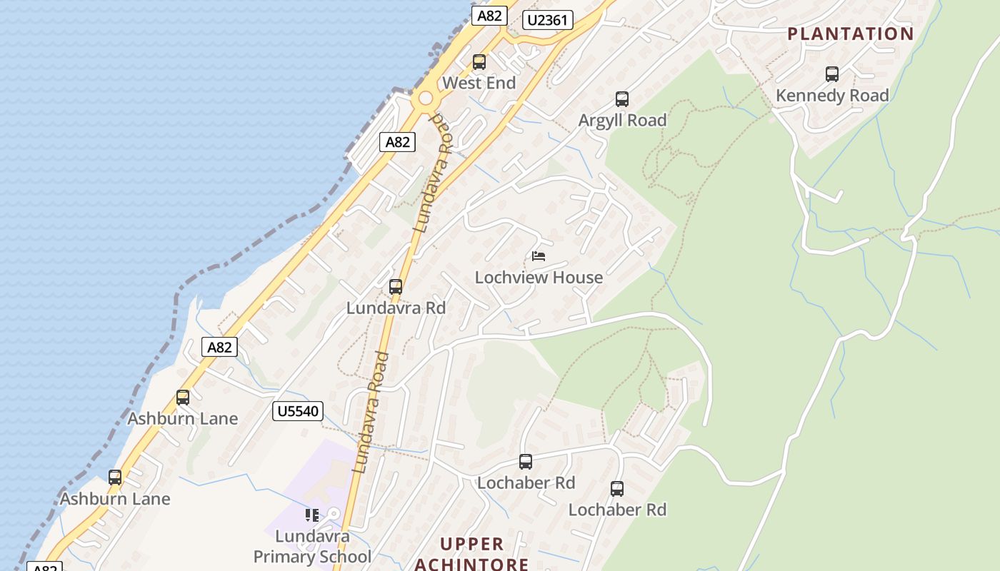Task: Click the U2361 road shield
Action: (548, 20)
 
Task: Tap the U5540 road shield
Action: (298, 411)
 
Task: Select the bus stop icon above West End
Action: (479, 62)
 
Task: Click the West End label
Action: (479, 83)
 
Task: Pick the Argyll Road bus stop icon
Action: (622, 99)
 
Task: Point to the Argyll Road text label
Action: (622, 120)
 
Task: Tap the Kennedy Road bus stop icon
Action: (832, 74)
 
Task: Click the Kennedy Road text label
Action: (832, 95)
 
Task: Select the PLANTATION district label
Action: (851, 34)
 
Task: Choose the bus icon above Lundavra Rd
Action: (396, 287)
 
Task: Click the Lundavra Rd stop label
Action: (396, 308)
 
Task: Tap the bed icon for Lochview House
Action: (539, 256)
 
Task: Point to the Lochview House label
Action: (539, 277)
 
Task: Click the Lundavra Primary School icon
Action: (312, 515)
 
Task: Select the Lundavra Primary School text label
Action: (312, 546)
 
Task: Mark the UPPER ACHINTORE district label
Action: (471, 554)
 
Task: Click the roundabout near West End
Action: (426, 98)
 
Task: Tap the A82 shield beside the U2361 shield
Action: (489, 16)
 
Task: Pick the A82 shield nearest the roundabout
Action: (397, 142)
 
